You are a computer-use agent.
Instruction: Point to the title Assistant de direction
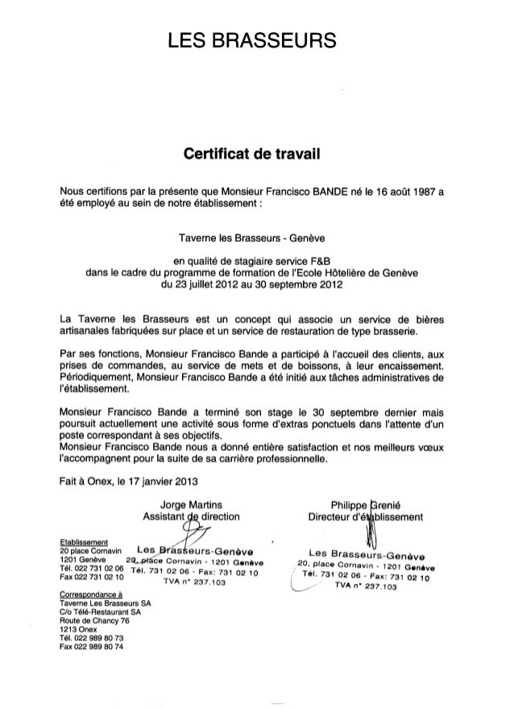pos(190,515)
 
